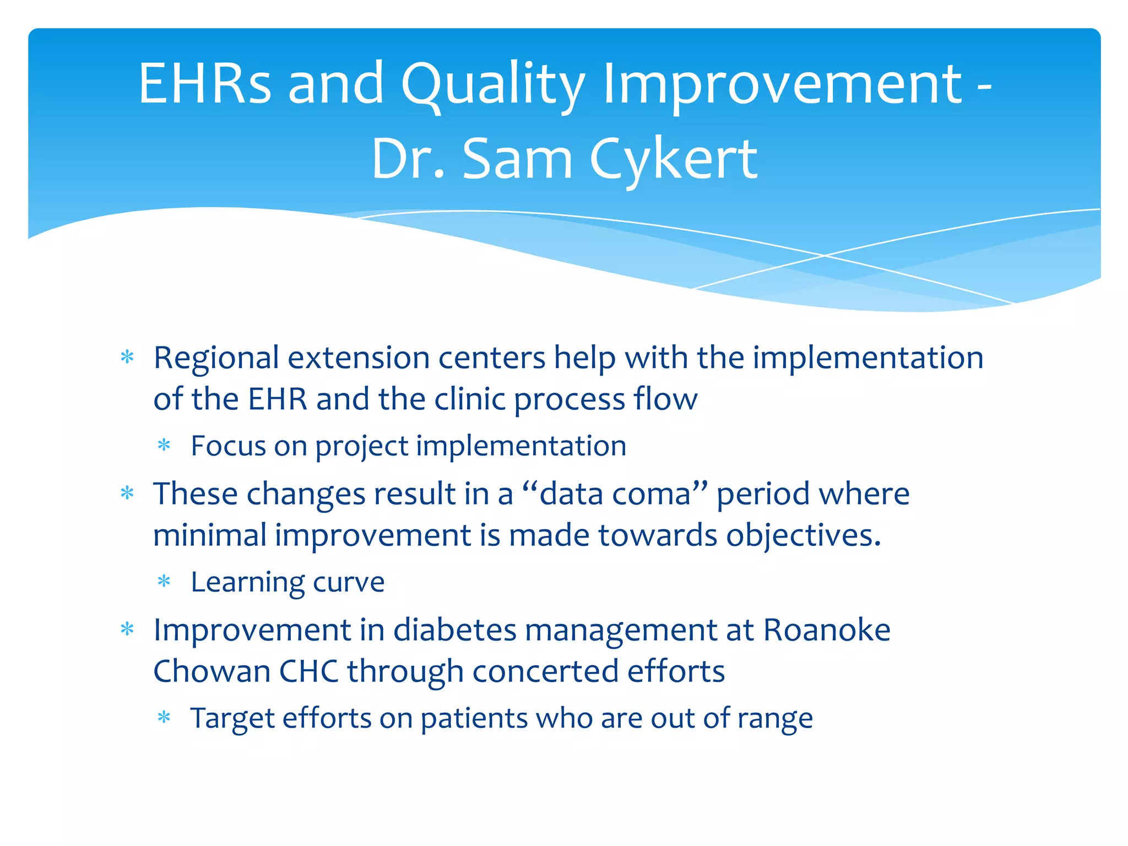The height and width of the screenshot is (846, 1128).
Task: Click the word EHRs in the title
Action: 205,83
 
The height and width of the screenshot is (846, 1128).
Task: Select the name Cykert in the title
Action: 673,160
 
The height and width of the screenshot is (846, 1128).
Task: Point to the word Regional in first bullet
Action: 216,359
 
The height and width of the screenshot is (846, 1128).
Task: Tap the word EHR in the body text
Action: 278,399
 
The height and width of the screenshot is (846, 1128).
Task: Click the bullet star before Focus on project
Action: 164,444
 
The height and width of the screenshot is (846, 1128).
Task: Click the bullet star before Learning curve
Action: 164,581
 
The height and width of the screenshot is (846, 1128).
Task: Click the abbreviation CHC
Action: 309,671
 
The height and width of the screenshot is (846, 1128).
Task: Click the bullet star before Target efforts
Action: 164,717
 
